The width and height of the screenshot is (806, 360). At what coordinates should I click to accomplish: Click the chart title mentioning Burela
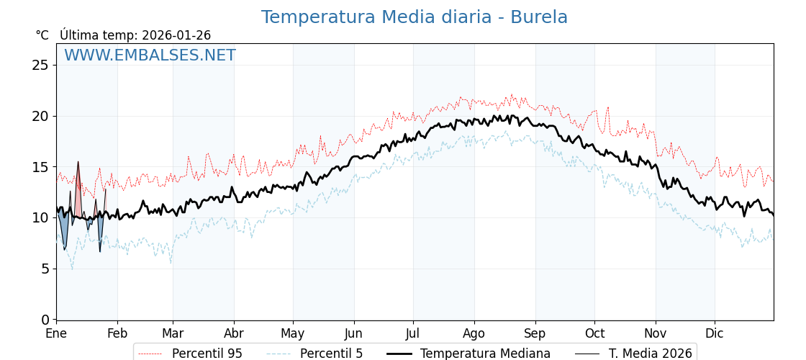[414, 17]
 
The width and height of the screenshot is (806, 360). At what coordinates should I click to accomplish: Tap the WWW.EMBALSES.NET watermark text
[150, 55]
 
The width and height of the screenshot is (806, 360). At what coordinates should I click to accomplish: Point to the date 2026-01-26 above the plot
[176, 35]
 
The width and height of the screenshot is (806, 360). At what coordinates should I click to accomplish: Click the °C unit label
[42, 35]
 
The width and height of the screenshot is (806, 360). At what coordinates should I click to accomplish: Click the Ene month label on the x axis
[56, 334]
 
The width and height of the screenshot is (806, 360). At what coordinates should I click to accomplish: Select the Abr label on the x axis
[234, 334]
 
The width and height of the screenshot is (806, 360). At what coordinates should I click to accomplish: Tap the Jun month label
[353, 334]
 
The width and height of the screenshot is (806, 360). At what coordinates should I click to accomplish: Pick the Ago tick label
[474, 334]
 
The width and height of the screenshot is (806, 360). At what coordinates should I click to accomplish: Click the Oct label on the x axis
[594, 334]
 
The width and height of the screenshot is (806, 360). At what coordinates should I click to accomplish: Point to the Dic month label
[715, 334]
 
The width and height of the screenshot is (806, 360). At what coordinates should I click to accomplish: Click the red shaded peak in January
[78, 191]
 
